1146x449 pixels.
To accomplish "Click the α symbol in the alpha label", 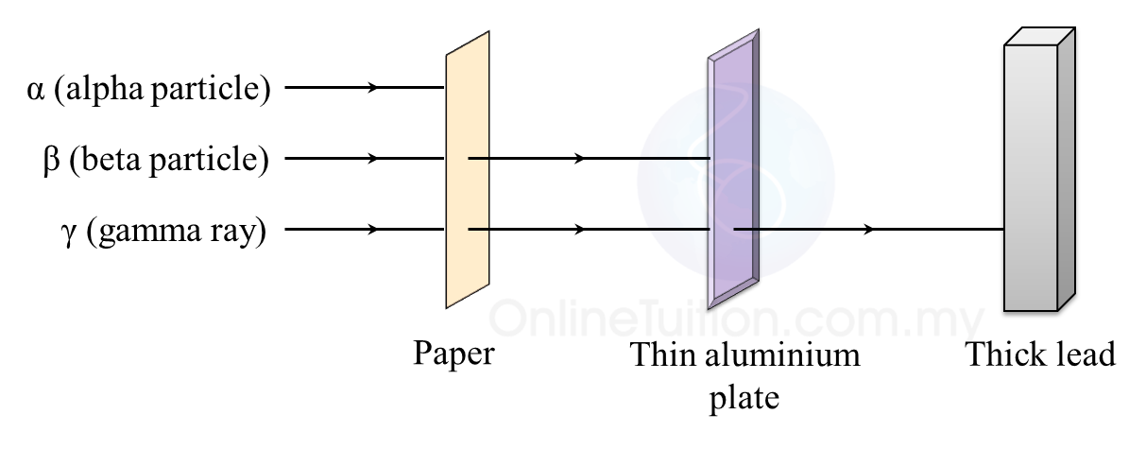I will point(36,91).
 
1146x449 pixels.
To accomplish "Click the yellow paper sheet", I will point(468,170).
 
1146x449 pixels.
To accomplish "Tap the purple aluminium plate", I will point(732,170).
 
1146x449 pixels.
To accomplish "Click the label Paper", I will point(453,355).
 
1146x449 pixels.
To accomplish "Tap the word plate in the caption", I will point(744,397).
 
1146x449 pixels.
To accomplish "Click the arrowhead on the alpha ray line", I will point(373,88).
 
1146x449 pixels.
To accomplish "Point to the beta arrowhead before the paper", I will point(373,158).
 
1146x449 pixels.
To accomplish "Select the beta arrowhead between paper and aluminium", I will point(579,158).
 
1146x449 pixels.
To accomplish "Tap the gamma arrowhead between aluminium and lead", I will point(867,229).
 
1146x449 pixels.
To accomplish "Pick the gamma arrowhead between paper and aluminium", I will point(579,229).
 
